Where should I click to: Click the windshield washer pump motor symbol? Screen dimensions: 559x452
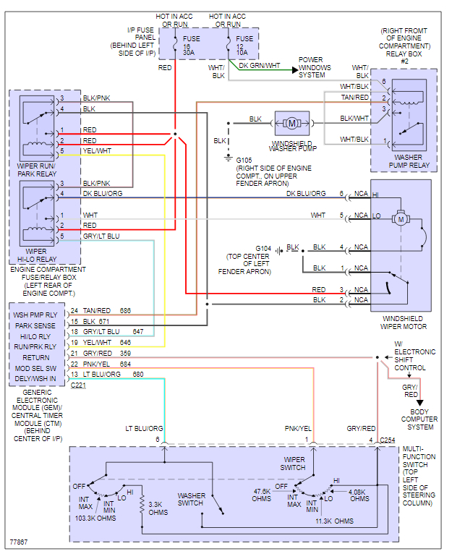[292, 122]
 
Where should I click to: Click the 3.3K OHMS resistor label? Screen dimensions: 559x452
[158, 508]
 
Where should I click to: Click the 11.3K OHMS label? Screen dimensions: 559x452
[335, 521]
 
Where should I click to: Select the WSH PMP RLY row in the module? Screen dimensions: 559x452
[35, 315]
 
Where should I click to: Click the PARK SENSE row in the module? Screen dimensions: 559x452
[35, 325]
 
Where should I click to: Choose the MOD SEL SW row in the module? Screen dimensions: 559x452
[35, 368]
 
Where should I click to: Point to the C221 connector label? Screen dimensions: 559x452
[78, 385]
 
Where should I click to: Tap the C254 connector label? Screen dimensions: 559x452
[388, 440]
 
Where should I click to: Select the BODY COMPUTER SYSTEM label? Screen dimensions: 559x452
[419, 419]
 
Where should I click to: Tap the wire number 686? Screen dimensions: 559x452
[126, 310]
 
